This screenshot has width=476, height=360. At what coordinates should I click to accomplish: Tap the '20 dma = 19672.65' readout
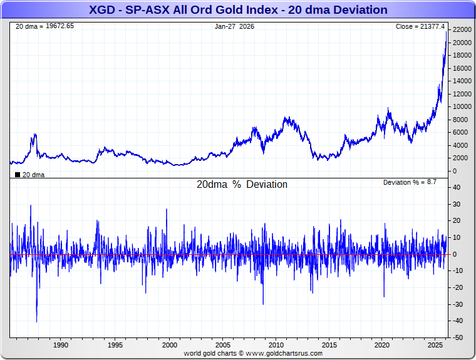pos(44,26)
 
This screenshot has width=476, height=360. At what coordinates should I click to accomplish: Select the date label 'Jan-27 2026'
pos(234,26)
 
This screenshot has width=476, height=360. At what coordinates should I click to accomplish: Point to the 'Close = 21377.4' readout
pos(420,26)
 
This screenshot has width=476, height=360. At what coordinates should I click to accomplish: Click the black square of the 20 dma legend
pos(17,174)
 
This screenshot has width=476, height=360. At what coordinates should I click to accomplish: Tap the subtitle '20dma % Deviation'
pos(242,185)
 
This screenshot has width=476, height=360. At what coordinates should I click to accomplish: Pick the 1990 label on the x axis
pos(61,345)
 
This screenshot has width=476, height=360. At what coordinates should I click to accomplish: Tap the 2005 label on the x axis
pos(223,345)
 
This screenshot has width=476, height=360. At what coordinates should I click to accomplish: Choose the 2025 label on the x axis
pos(437,345)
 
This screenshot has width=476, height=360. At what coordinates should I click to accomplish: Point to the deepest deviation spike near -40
pos(36,321)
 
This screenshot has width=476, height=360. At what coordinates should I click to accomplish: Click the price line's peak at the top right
pos(447,32)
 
